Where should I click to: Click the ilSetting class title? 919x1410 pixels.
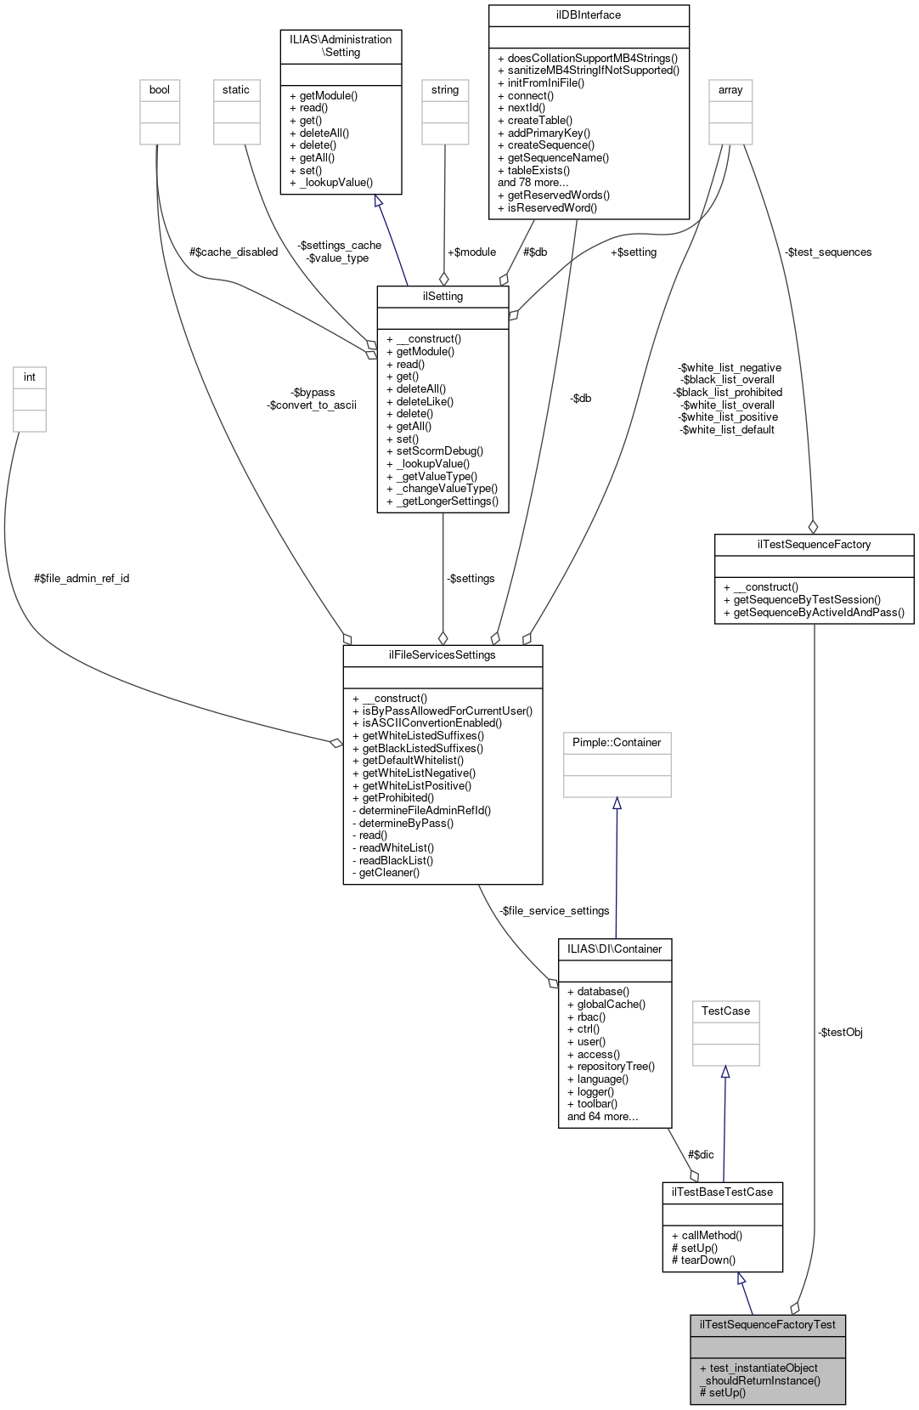(x=443, y=297)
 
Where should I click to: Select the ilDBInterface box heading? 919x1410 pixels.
(x=588, y=15)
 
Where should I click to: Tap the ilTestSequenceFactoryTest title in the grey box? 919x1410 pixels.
(x=767, y=1324)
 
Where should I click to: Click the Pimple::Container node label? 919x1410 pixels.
(x=617, y=743)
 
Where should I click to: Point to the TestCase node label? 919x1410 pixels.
(x=725, y=1011)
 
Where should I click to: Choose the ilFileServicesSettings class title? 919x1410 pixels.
(x=442, y=655)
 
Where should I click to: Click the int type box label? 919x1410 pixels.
(x=30, y=377)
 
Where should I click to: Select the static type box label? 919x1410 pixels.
(x=236, y=90)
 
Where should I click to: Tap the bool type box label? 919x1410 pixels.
(x=160, y=90)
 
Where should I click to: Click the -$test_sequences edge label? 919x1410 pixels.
(x=828, y=252)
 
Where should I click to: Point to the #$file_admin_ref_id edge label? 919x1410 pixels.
(x=82, y=579)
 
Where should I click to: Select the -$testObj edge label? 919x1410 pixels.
(x=840, y=1033)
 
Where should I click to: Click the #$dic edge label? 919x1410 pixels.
(x=701, y=1155)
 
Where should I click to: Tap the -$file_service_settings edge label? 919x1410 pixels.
(x=555, y=911)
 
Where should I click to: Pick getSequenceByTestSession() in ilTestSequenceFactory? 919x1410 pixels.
(x=807, y=599)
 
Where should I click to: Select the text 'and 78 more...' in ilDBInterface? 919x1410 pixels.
(x=533, y=183)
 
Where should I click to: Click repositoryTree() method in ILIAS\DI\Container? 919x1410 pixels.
(x=616, y=1067)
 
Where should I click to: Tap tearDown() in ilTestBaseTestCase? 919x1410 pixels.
(x=708, y=1260)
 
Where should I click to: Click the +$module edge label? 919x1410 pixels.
(x=471, y=252)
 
